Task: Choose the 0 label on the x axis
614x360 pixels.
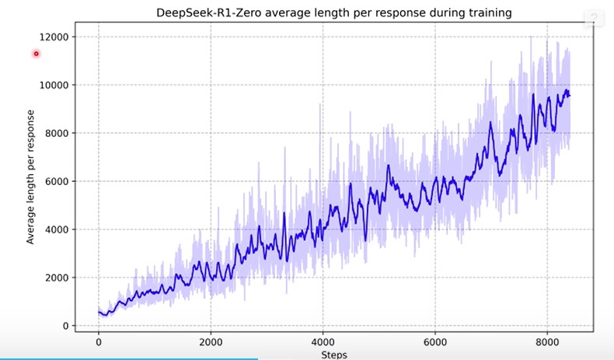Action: point(99,341)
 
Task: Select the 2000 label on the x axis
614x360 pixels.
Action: point(211,341)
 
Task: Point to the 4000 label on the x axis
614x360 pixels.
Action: point(323,341)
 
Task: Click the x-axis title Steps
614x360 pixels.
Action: point(333,355)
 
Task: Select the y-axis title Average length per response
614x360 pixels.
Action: point(31,178)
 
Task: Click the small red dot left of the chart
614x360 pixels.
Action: point(36,54)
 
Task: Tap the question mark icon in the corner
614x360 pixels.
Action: point(596,18)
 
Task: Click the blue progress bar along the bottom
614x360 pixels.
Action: point(128,358)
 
